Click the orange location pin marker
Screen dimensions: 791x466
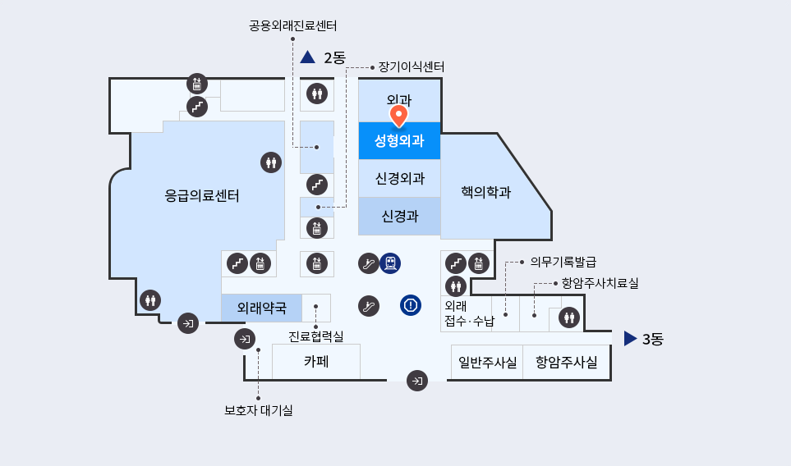(398, 116)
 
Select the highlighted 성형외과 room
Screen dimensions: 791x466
(399, 140)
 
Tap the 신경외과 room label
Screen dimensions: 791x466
(400, 178)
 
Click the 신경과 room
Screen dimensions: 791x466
(399, 217)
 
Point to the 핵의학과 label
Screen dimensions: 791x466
(485, 192)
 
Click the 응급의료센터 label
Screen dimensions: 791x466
(202, 195)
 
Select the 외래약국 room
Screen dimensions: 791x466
(262, 308)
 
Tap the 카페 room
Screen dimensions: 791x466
(316, 362)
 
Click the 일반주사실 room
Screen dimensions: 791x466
(487, 363)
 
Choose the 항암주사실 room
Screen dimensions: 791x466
(567, 363)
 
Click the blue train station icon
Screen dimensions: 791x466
(390, 263)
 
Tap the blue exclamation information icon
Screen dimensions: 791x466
(411, 305)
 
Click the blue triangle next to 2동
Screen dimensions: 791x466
(308, 57)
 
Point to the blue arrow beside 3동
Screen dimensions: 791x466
(631, 339)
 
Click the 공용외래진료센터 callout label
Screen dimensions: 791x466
(292, 25)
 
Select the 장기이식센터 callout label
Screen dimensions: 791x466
(412, 67)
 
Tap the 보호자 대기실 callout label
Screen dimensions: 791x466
(258, 410)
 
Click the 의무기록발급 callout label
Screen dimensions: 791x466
(563, 262)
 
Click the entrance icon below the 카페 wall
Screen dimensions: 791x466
(417, 381)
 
